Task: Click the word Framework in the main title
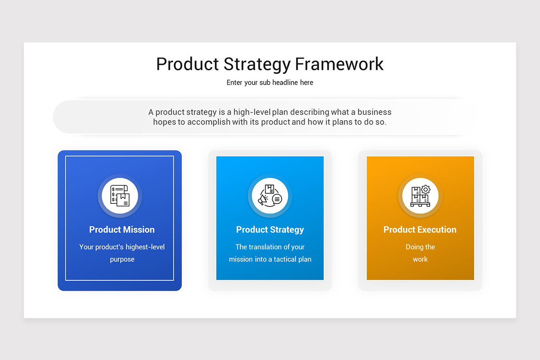339,64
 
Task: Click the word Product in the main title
187,64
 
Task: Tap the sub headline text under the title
270,82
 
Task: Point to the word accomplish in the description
208,122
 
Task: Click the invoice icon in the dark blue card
120,196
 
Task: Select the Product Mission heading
122,229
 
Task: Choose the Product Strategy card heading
270,229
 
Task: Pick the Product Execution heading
420,229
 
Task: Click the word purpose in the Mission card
122,259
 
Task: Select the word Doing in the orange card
414,247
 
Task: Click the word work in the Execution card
420,259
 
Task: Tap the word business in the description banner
374,112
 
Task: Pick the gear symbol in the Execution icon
425,190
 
